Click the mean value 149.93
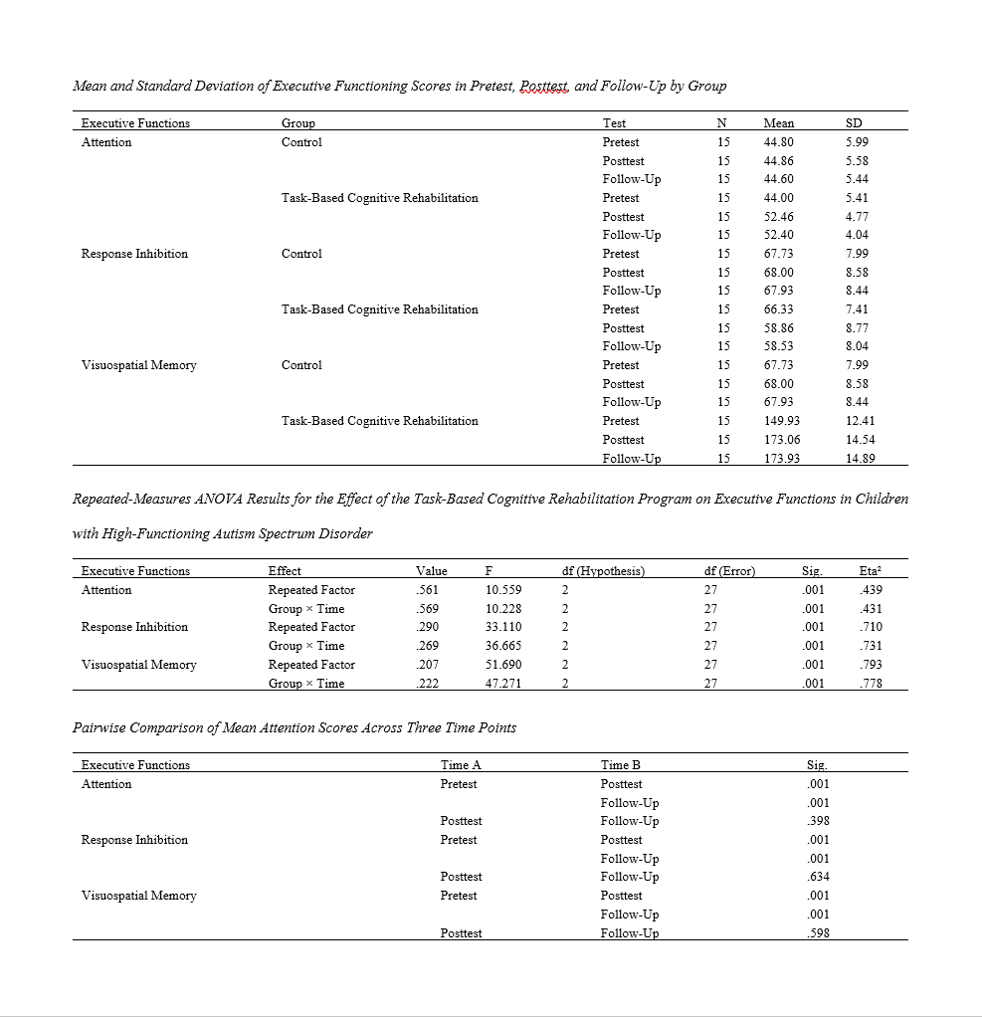tap(778, 421)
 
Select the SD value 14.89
tap(859, 458)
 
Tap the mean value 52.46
tap(778, 216)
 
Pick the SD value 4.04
tap(857, 235)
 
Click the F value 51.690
tap(502, 665)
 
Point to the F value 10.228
tap(502, 608)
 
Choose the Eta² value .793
tap(870, 665)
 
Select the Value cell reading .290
tap(426, 627)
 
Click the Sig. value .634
tap(818, 877)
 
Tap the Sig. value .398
tap(818, 821)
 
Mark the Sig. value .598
tap(818, 932)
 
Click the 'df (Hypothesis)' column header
tap(603, 571)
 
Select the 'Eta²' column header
tap(870, 571)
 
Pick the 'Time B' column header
tap(621, 765)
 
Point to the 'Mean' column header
tap(778, 123)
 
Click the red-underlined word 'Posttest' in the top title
tap(542, 87)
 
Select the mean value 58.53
tap(778, 346)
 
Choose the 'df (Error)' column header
tap(729, 571)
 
